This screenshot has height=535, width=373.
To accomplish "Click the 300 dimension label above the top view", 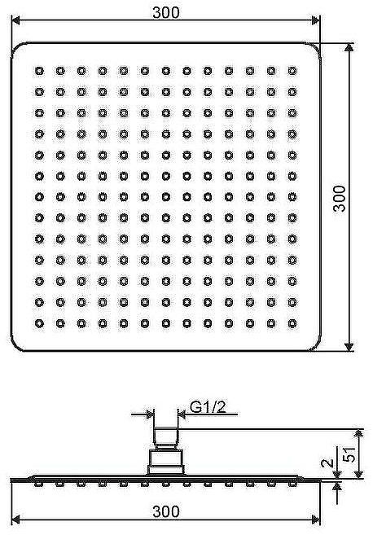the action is (166, 12).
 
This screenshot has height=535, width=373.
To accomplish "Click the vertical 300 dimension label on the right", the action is (340, 199).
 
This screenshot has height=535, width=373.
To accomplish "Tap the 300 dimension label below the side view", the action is (166, 511).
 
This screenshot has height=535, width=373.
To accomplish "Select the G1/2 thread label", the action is (208, 406).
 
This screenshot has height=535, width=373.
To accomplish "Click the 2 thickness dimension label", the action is (327, 463).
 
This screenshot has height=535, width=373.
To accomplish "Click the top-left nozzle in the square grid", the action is (39, 71).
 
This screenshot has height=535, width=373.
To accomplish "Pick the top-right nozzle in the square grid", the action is (292, 71).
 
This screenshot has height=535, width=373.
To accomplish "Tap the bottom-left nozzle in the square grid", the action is (39, 323).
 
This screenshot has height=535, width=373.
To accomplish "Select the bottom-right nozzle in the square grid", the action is (292, 323).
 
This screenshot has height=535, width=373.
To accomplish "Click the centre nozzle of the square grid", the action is (166, 197).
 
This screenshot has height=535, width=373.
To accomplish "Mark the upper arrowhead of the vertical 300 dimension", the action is (349, 47).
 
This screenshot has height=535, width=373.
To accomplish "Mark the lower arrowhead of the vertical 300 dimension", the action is (349, 347).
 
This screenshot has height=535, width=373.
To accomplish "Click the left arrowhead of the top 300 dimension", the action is (15, 20).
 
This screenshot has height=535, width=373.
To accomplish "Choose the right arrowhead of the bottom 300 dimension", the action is (316, 520).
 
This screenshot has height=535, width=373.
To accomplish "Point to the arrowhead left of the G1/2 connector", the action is (150, 415).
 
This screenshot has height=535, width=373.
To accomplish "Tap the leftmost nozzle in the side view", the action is (38, 484).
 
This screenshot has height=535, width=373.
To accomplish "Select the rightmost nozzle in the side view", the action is (292, 484).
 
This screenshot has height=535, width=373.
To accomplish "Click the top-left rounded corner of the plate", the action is (16, 48).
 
